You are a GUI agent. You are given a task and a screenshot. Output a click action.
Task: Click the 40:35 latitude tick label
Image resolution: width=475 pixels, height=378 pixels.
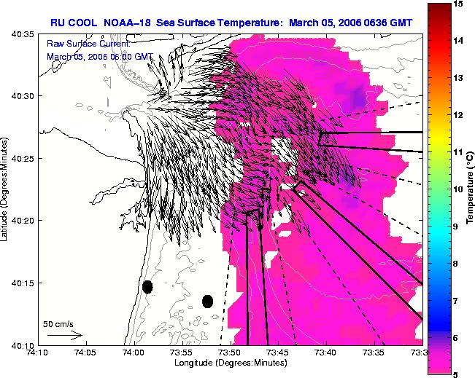pos(23,34)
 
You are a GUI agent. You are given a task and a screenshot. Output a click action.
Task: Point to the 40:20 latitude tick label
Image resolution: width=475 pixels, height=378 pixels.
pos(23,221)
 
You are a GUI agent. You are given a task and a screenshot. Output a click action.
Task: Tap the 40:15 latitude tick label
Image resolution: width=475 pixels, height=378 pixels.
pos(23,283)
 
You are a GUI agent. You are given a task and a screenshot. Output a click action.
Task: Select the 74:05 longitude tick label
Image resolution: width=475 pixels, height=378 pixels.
pos(87,353)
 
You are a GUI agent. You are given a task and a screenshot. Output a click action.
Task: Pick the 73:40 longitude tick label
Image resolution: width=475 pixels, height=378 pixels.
pos(327,353)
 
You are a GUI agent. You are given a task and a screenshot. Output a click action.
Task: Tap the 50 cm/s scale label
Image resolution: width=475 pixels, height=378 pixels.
pos(58,325)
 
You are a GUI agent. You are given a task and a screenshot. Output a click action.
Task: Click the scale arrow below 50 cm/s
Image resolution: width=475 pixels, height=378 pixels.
pos(65,335)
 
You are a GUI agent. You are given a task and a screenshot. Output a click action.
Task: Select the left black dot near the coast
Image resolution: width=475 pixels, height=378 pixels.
pos(147,287)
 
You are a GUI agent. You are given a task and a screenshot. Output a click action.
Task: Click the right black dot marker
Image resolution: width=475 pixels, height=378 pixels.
pos(207,302)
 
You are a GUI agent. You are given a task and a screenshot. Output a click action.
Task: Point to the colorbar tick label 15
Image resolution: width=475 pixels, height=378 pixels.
pos(459,4)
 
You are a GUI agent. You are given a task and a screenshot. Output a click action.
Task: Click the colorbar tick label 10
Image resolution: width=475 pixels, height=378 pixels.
pos(459,189)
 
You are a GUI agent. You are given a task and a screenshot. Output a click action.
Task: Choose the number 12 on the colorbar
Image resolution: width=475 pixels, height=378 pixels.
pos(459,115)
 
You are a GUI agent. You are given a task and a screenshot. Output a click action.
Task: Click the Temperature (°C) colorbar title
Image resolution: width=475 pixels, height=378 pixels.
pos(470,188)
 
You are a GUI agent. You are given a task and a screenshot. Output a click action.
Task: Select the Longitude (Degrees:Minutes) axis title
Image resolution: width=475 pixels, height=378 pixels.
pos(231,363)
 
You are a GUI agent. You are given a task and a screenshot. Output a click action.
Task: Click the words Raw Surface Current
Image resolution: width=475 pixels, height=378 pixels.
pos(88,44)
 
